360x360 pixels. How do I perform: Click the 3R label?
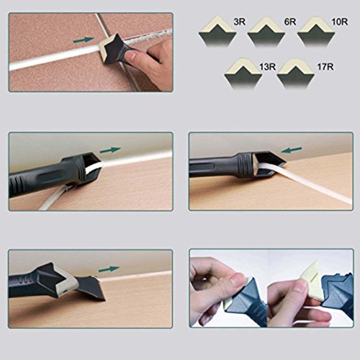239,22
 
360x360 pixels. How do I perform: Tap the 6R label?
290,22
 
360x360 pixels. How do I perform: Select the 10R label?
340,22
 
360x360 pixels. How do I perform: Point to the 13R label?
267,67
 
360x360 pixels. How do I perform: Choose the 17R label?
325,67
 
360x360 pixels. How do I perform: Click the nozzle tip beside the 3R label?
217,31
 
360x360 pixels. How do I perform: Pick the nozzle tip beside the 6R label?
266,31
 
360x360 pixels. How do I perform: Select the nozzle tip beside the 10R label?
316,31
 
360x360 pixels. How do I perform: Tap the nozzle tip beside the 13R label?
243,74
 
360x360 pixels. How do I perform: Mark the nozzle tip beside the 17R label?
296,74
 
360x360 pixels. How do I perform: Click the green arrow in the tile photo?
84,40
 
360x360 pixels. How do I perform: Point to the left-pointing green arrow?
292,150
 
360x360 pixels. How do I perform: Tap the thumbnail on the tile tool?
131,57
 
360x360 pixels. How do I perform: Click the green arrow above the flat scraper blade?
109,269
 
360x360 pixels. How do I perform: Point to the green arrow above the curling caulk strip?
110,150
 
